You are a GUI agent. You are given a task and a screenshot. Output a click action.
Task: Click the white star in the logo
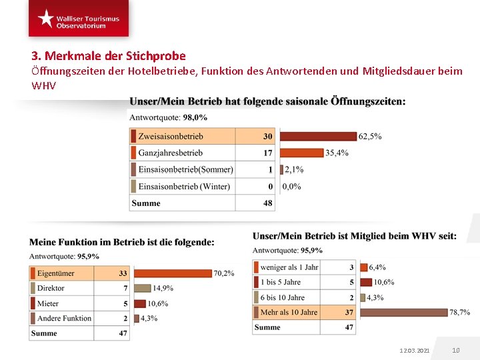click(x=45, y=18)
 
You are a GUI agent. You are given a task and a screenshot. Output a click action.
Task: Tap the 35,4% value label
click(x=337, y=153)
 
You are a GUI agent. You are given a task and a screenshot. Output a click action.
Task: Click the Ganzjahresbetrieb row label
click(x=170, y=153)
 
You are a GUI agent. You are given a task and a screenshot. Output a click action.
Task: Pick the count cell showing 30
click(x=267, y=136)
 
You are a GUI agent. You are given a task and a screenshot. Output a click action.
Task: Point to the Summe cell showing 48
click(x=267, y=203)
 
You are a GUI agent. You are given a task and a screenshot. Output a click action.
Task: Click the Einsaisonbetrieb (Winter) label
click(x=183, y=186)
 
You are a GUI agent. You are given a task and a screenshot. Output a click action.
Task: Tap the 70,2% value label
click(x=224, y=273)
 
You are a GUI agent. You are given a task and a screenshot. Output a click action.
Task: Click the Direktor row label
click(x=51, y=288)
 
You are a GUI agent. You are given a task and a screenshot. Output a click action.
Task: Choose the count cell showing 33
click(x=123, y=273)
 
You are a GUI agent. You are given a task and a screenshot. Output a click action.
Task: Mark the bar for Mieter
click(x=139, y=303)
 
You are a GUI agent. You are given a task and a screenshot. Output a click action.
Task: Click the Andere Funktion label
click(x=64, y=318)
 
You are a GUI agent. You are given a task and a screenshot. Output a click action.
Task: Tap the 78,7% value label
click(x=459, y=312)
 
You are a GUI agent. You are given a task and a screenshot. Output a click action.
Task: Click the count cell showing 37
click(x=349, y=312)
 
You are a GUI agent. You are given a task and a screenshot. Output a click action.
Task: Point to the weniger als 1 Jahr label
click(x=289, y=267)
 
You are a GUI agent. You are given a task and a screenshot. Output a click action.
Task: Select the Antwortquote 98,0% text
click(x=168, y=117)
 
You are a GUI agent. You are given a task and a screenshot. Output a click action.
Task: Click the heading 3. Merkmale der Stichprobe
click(x=109, y=56)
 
